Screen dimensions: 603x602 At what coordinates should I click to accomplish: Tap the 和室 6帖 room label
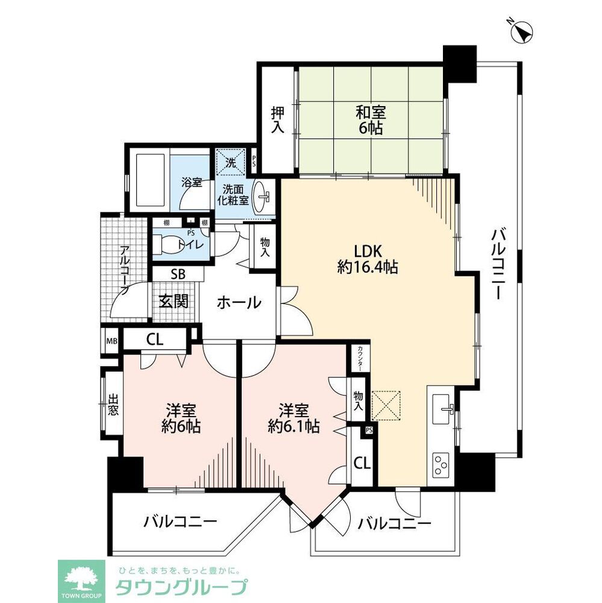(x=370, y=119)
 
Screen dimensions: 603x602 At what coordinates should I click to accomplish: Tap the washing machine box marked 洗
(x=231, y=162)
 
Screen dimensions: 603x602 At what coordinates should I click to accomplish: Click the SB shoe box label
(x=177, y=273)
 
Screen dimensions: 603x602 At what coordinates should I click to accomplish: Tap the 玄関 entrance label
(x=173, y=301)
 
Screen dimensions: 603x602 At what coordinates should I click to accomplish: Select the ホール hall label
(x=239, y=302)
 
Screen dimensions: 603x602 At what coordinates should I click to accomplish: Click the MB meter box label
(x=111, y=341)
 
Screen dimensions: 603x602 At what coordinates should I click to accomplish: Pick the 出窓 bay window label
(x=113, y=405)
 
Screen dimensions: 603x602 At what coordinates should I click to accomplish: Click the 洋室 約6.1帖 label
(x=293, y=419)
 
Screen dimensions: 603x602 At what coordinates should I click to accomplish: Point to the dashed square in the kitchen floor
(x=386, y=405)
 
